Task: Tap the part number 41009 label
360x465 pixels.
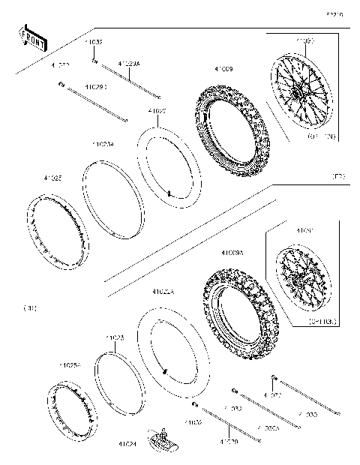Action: point(223,69)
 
